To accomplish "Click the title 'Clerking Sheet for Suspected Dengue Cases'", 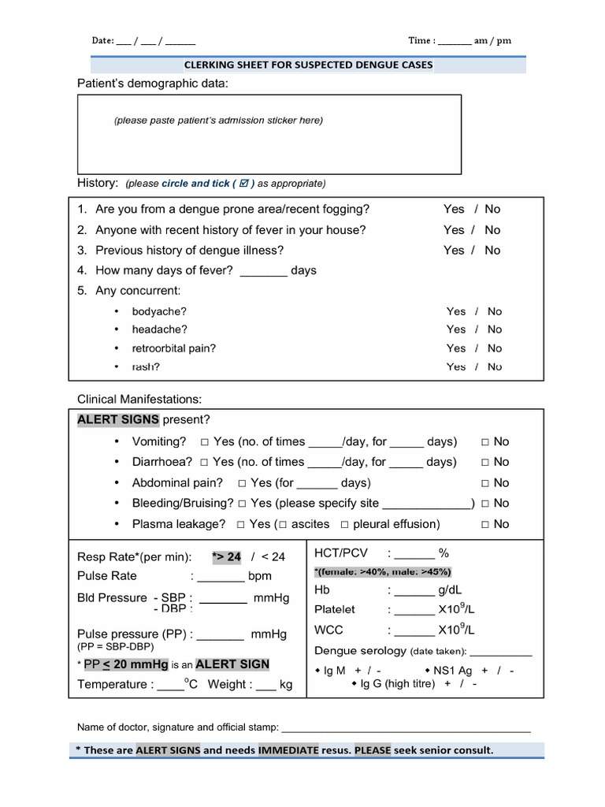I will pyautogui.click(x=308, y=65).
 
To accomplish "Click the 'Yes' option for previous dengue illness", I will pyautogui.click(x=454, y=250).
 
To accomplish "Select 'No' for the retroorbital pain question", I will pyautogui.click(x=494, y=348).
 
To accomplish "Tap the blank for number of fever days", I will pyautogui.click(x=263, y=270).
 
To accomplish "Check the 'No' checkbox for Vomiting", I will pyautogui.click(x=486, y=442).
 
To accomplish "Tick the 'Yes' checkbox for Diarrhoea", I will pyautogui.click(x=205, y=463).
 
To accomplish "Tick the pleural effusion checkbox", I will pyautogui.click(x=345, y=524).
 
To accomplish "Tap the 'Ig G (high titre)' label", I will pyautogui.click(x=397, y=684).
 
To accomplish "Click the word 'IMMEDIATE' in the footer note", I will pyautogui.click(x=288, y=750).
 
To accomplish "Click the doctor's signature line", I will pyautogui.click(x=406, y=727).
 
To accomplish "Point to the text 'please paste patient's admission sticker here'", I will pyautogui.click(x=218, y=121).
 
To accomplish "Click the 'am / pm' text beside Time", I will pyautogui.click(x=492, y=41).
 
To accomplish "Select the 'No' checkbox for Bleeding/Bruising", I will pyautogui.click(x=486, y=504).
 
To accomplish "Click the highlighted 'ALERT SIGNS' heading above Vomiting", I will pyautogui.click(x=118, y=419).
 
